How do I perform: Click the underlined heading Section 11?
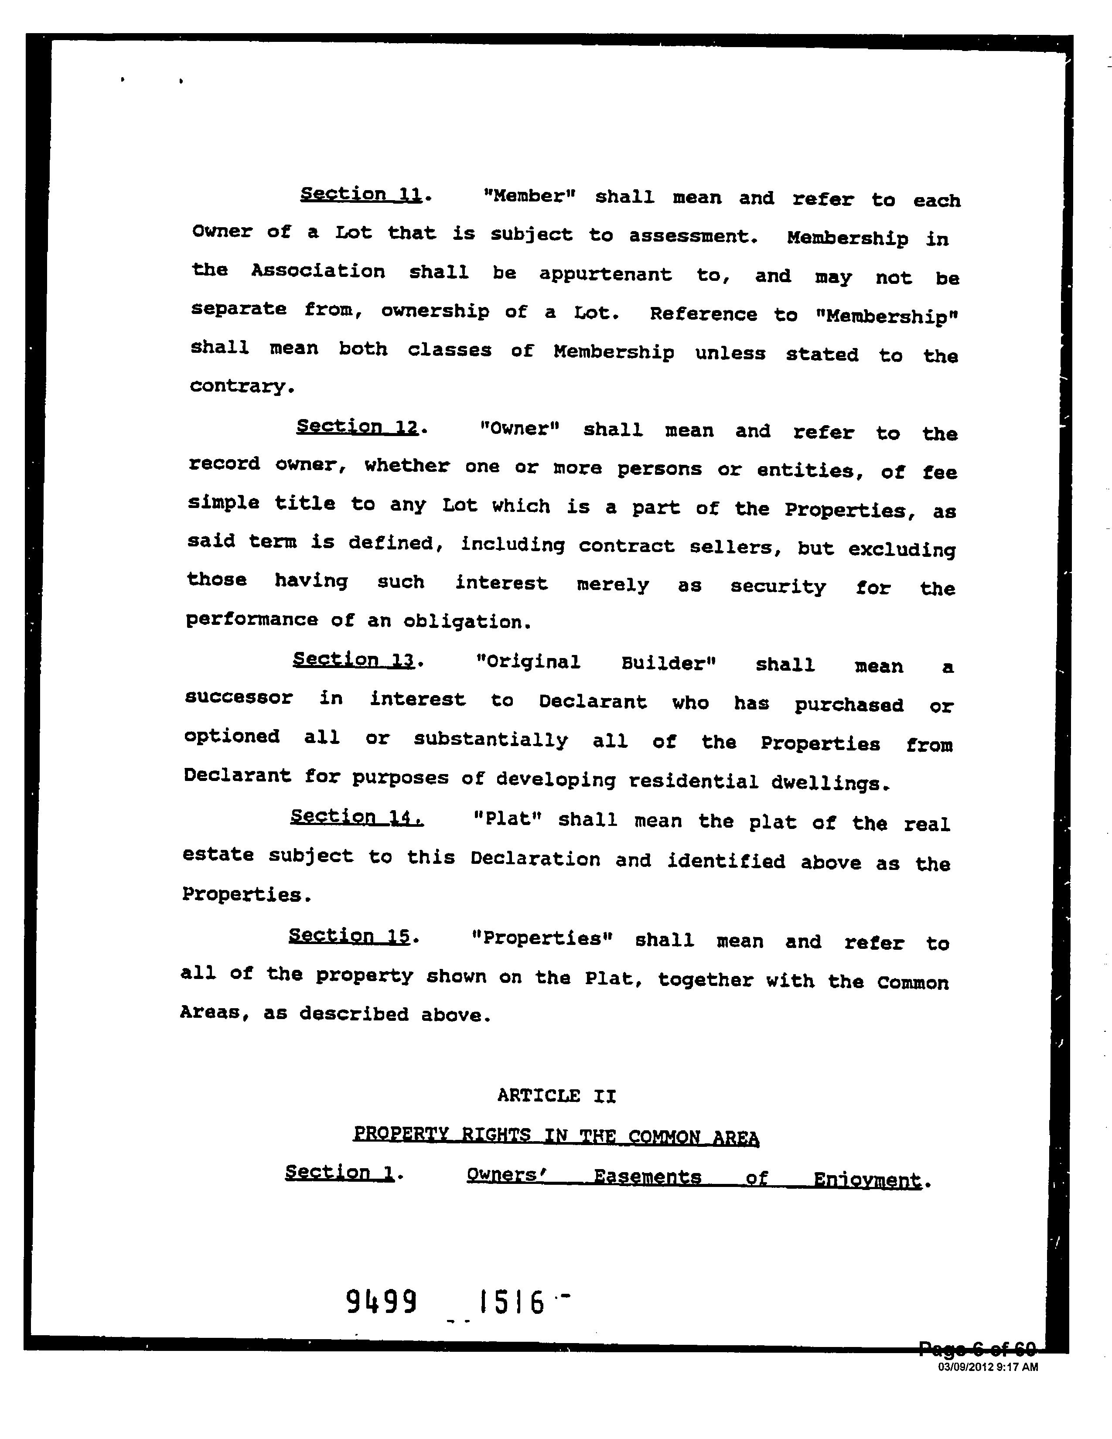coord(361,194)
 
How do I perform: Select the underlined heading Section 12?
coord(358,427)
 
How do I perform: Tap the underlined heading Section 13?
coord(354,659)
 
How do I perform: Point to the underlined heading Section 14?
coord(356,817)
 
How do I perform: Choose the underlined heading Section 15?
coord(349,936)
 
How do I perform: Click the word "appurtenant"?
coord(605,274)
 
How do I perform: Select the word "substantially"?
coord(490,740)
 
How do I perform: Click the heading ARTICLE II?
coord(557,1096)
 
